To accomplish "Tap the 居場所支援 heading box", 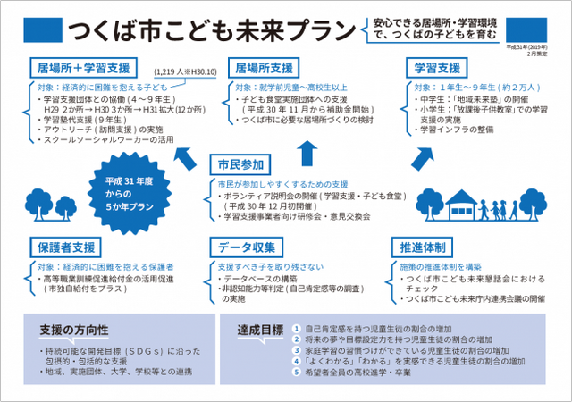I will coord(265,68).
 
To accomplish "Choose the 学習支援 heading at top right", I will coord(438,68).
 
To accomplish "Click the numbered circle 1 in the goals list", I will coord(296,329).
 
